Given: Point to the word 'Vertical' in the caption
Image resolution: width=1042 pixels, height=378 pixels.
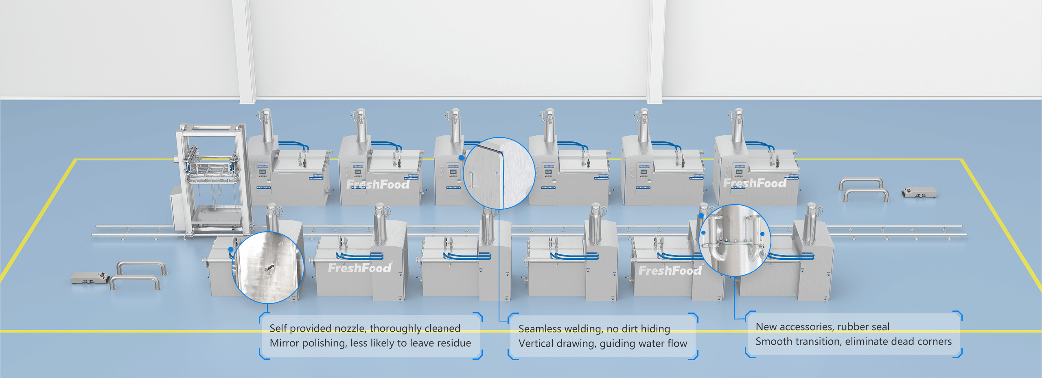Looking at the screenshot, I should (536, 343).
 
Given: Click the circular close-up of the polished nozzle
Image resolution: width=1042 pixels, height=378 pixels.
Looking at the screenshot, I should (268, 267).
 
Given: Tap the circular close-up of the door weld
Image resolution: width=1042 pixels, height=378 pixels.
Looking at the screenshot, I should (499, 174).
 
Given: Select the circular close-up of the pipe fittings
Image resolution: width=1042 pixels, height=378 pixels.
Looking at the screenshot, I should (734, 241).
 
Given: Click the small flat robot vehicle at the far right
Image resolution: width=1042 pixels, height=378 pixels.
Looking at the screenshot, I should (919, 192).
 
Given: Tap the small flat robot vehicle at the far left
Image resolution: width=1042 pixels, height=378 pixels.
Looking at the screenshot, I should (89, 277).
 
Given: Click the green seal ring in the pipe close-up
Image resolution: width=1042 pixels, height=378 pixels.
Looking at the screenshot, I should (733, 244).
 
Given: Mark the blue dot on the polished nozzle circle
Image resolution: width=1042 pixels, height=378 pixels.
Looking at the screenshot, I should (231, 249).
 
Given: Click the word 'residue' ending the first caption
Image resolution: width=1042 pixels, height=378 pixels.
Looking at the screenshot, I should (454, 343).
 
